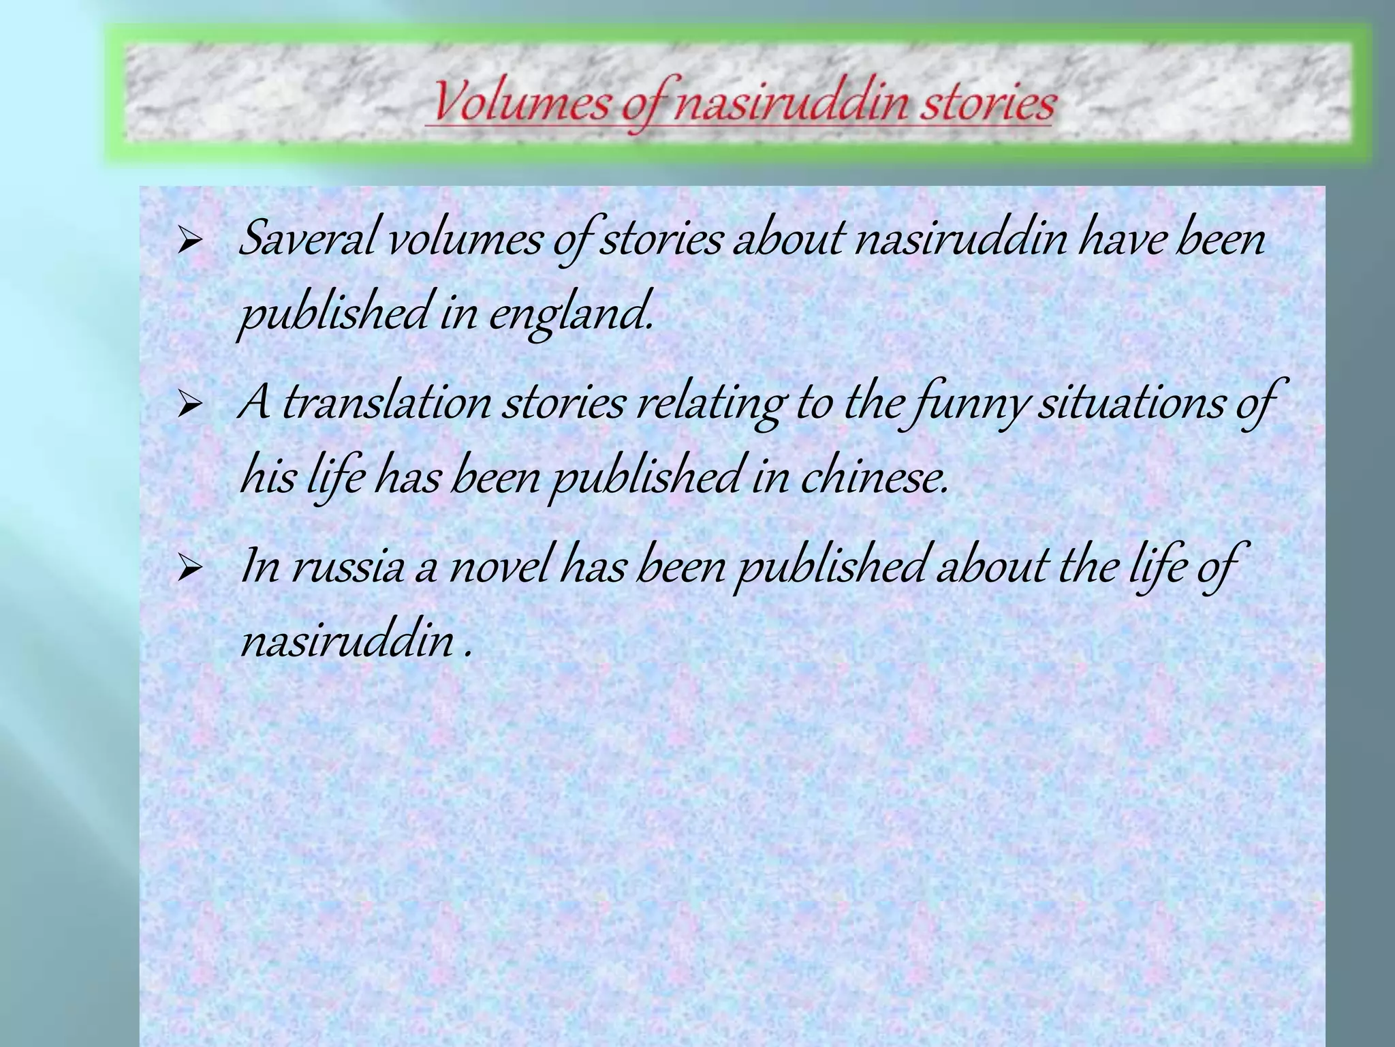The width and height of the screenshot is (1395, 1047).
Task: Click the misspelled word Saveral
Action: [x=307, y=241]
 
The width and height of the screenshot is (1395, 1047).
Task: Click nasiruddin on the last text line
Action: [x=347, y=642]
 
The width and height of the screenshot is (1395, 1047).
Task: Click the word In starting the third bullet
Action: [x=260, y=568]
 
